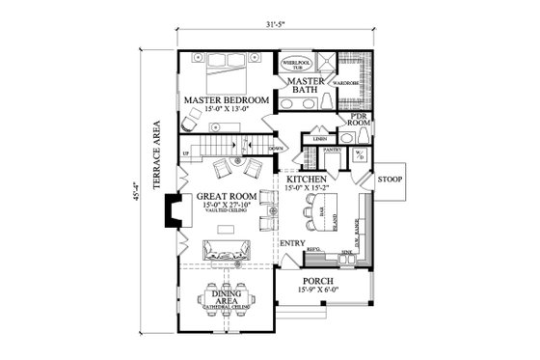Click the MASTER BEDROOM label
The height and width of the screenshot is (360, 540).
tap(227, 100)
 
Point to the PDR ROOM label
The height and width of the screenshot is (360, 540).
tap(360, 120)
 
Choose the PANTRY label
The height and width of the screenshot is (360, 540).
tap(334, 151)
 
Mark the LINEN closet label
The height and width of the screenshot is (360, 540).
tap(318, 141)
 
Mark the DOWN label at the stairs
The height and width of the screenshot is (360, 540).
tap(275, 148)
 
